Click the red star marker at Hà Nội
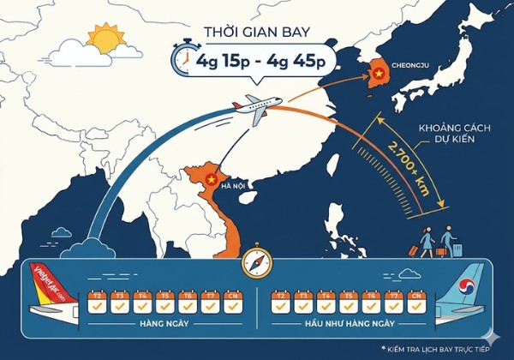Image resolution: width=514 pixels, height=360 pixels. (x=211, y=180)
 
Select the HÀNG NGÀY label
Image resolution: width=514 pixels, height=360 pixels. (x=165, y=324)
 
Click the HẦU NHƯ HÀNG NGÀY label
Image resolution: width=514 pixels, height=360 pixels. (x=347, y=324)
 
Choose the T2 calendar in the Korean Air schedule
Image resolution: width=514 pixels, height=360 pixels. (x=279, y=302)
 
